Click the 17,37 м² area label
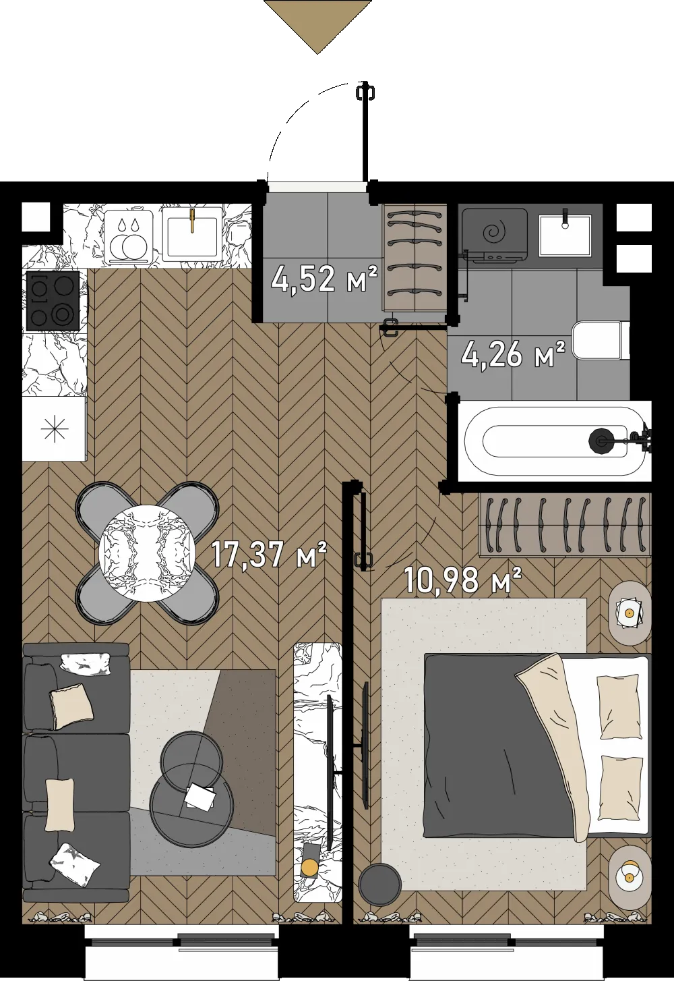[269, 555]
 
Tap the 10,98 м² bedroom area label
[462, 580]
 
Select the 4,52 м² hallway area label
[324, 279]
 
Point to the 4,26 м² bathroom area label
[513, 354]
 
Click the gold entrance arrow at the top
[318, 26]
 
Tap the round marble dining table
[148, 553]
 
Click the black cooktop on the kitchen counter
[53, 300]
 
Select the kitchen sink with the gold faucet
[192, 231]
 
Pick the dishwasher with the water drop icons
[129, 237]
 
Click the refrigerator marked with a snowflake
[54, 428]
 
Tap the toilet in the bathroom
[601, 341]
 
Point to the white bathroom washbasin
[565, 235]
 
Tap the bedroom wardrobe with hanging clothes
[565, 525]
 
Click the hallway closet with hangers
[415, 258]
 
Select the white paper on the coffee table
[200, 796]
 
